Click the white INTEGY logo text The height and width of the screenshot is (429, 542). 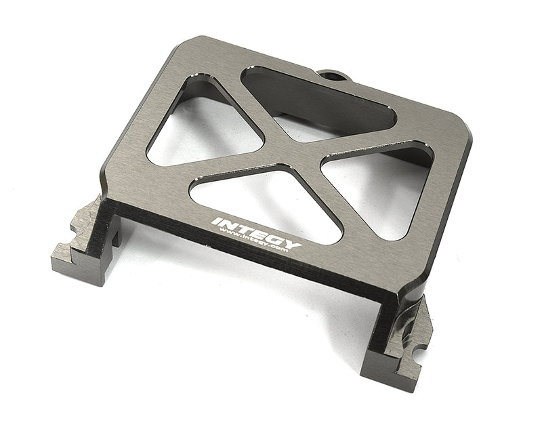pos(257,232)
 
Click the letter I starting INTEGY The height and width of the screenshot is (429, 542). pos(215,220)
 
